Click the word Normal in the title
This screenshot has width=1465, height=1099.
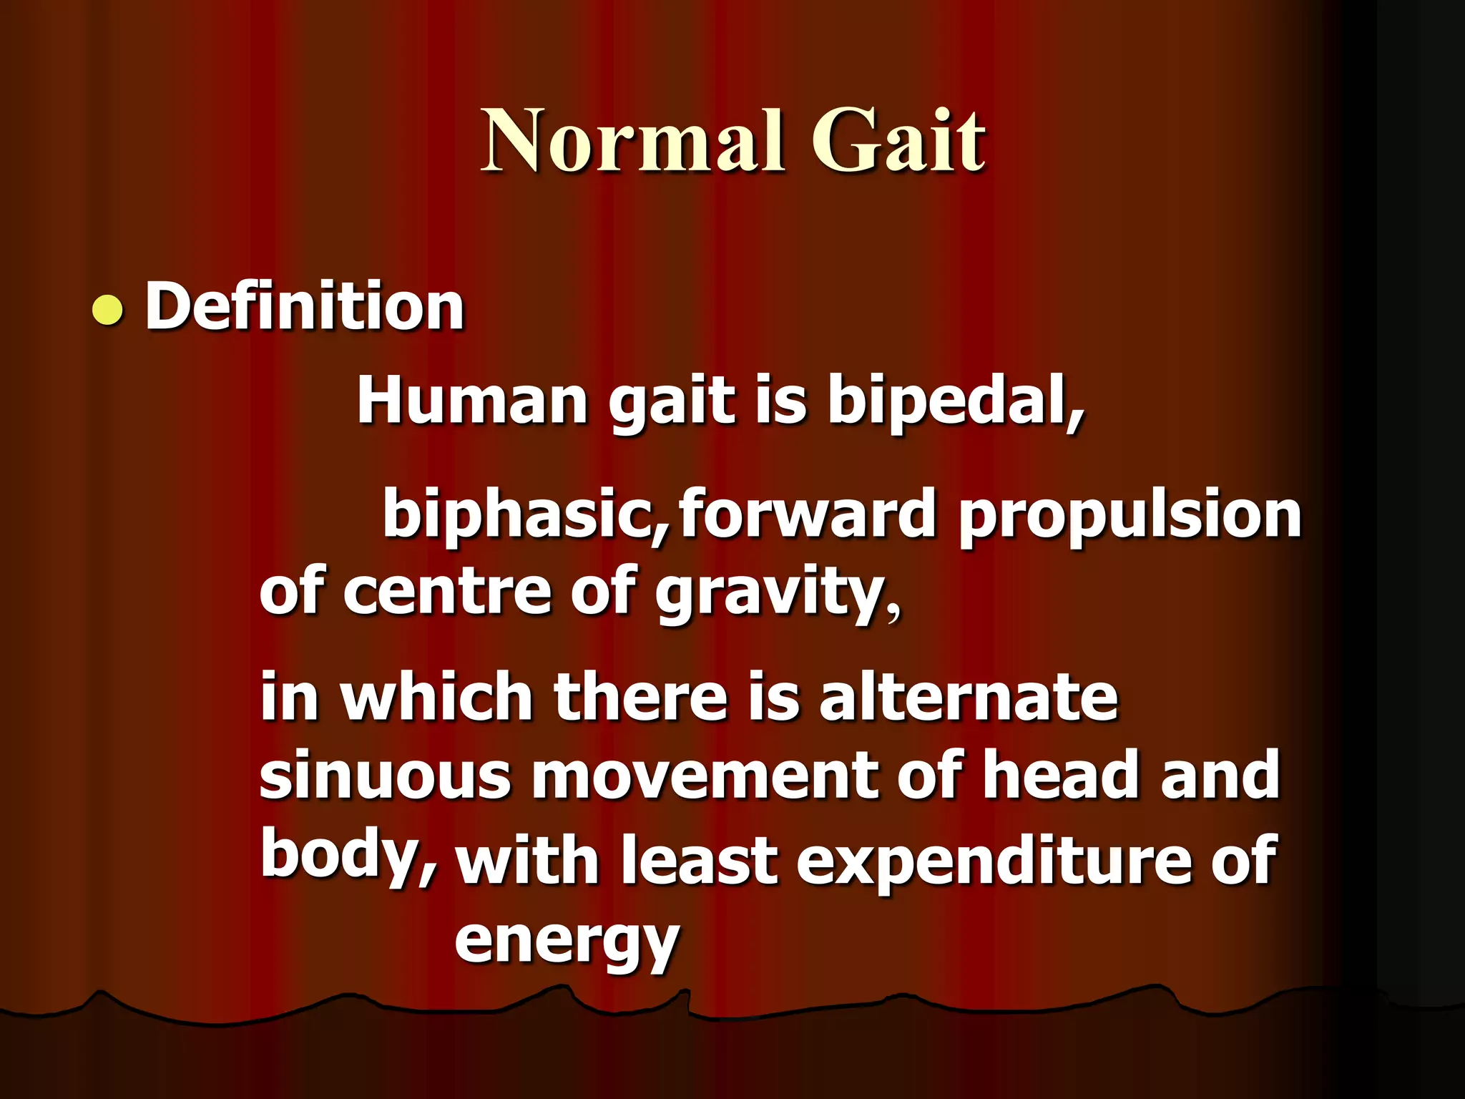click(x=634, y=142)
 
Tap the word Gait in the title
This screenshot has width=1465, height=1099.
click(x=898, y=142)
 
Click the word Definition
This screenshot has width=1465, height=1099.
click(x=305, y=308)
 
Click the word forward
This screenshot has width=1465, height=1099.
click(x=807, y=514)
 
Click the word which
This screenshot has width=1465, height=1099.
click(x=436, y=698)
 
